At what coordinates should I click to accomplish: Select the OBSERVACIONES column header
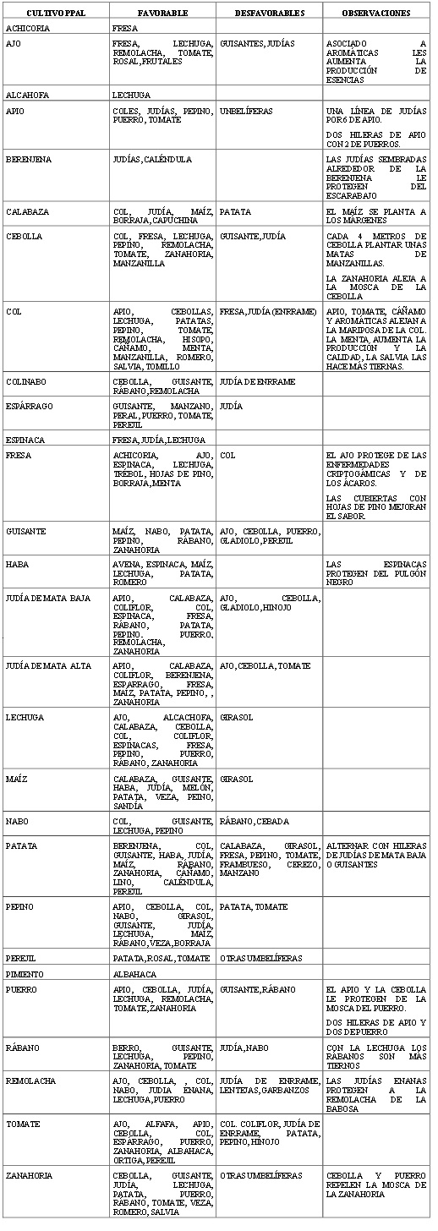(376, 14)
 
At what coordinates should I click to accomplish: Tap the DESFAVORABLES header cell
(268, 14)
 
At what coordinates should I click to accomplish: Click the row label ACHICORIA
(27, 29)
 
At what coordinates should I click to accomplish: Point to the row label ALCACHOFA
(27, 96)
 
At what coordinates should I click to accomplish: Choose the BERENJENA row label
(26, 159)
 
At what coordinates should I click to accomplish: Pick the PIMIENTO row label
(25, 974)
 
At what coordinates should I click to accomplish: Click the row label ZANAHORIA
(28, 1175)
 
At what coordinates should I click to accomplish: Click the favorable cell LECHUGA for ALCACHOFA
(129, 96)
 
